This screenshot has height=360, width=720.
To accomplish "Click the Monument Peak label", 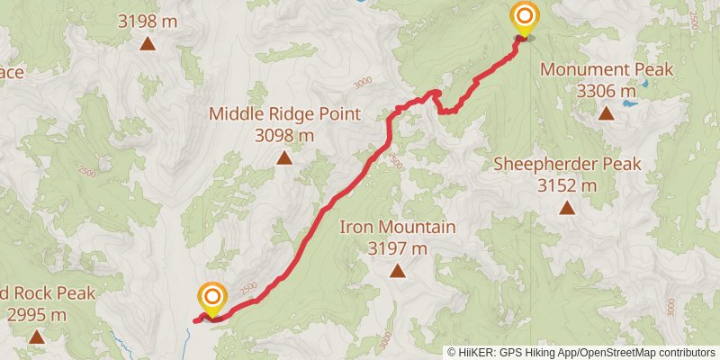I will (606, 69).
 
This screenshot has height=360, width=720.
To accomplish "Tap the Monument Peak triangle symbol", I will (607, 113).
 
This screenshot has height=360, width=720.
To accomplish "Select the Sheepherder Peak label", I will (567, 164).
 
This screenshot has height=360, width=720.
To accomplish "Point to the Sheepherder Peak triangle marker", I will (567, 208).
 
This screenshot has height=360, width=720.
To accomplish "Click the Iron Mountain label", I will (397, 227).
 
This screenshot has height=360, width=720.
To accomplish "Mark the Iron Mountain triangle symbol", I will (397, 270).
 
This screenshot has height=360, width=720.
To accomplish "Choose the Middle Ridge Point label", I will (284, 114).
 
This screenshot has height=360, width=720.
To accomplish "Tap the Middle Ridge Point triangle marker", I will (284, 158).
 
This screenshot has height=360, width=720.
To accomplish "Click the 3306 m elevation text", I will (606, 91).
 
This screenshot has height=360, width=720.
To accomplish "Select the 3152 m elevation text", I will (567, 185).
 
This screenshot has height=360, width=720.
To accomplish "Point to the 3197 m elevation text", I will (397, 248).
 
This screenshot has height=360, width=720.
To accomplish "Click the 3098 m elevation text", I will (284, 136).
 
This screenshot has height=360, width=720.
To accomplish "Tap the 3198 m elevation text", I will (148, 18).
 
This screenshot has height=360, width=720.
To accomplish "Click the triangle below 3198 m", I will (148, 41).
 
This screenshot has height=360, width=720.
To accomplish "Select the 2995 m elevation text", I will (37, 315).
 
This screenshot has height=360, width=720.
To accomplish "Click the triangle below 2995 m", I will (37, 337).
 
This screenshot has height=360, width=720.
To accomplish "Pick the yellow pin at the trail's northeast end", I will (523, 18).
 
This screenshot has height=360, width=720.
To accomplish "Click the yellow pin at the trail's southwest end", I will (212, 299).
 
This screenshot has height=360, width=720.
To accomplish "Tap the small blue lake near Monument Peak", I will (629, 104).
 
